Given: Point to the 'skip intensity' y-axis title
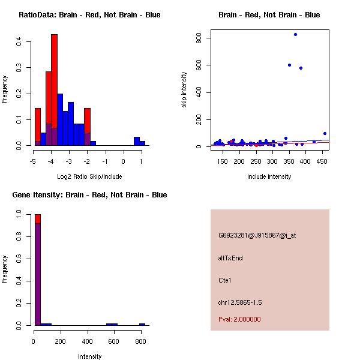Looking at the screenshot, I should pos(184,90).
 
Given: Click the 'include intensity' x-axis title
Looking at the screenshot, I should pos(269,176).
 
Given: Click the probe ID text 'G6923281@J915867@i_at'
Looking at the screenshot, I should pos(257,235).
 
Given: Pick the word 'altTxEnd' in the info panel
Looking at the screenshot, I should pos(230,258).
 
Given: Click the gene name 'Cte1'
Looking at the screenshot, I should pos(225,280).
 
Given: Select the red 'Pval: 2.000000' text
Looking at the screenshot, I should pos(239,319).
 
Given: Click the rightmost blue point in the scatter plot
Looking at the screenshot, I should pos(325,133).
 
